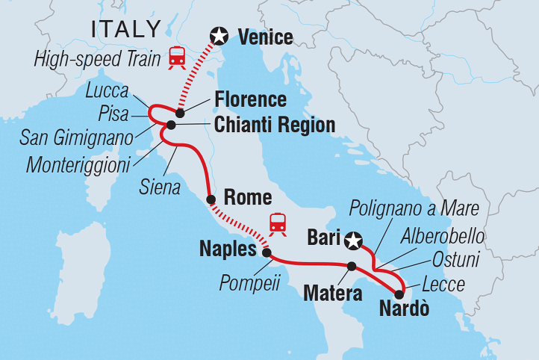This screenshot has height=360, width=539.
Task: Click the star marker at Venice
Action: [x=219, y=35]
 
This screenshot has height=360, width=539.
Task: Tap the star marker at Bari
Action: [x=354, y=240]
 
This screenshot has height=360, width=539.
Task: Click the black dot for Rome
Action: [x=211, y=199]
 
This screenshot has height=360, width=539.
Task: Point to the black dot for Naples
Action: [x=267, y=252]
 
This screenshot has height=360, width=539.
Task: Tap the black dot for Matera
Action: [x=352, y=266]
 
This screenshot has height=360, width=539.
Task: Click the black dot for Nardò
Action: [x=399, y=294]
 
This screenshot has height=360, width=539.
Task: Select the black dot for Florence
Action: [x=179, y=113]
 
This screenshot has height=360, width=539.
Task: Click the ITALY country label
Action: [x=125, y=30]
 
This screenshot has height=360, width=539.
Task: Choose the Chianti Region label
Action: [x=274, y=125]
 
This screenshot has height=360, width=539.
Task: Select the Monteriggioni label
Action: [x=78, y=164]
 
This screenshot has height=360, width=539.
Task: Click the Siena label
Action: [x=160, y=187]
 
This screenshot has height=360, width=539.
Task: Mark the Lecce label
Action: [x=443, y=284]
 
